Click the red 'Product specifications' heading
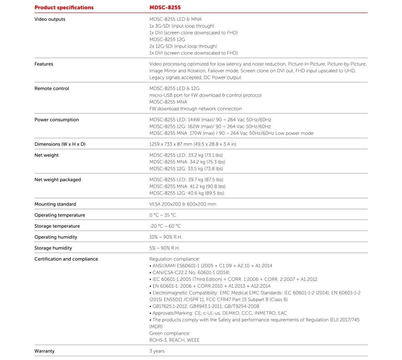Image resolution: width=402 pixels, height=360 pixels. tap(64, 7)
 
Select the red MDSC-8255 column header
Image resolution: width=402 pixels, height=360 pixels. tap(165, 7)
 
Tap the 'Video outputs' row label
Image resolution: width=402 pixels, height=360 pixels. tap(50, 19)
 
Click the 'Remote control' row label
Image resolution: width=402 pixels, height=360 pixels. tap(52, 88)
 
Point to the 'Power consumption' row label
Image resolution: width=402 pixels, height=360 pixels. tap(56, 120)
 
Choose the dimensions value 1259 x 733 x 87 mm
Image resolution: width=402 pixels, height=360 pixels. tap(192, 144)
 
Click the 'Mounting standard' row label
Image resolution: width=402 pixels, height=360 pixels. tap(55, 204)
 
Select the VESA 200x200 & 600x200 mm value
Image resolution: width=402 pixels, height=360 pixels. tap(182, 204)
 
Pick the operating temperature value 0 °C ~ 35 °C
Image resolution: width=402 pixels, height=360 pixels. tap(163, 215)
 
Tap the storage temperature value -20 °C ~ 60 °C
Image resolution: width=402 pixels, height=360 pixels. tap(165, 226)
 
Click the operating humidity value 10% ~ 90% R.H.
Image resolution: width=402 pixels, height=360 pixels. tap(165, 237)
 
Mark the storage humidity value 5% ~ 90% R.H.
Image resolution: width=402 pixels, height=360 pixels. tap(164, 248)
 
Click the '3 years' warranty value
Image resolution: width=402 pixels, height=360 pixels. tap(157, 351)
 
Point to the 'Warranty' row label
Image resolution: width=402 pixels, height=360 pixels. tap(44, 351)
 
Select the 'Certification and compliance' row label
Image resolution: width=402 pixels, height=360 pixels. tap(66, 259)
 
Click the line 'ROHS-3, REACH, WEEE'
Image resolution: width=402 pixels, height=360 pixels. tap(174, 340)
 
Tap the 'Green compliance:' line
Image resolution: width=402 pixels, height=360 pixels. tap(170, 333)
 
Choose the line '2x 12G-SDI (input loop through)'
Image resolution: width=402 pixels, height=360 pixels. tap(183, 46)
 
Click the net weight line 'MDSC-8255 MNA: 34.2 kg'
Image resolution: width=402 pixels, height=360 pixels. tap(187, 162)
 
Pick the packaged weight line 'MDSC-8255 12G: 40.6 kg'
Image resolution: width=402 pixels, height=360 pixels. tap(187, 193)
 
